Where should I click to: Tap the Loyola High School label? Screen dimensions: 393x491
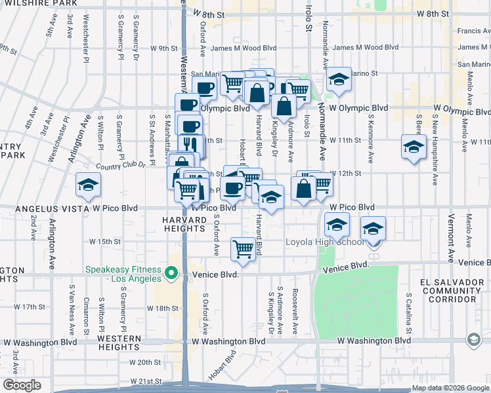pos(324,242)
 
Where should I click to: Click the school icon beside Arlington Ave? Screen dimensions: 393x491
pos(88,185)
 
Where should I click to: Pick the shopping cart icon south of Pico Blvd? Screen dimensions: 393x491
pos(243,249)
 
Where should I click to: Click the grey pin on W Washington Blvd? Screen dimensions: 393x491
pos(474,340)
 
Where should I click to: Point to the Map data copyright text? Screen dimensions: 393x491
pos(450,388)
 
